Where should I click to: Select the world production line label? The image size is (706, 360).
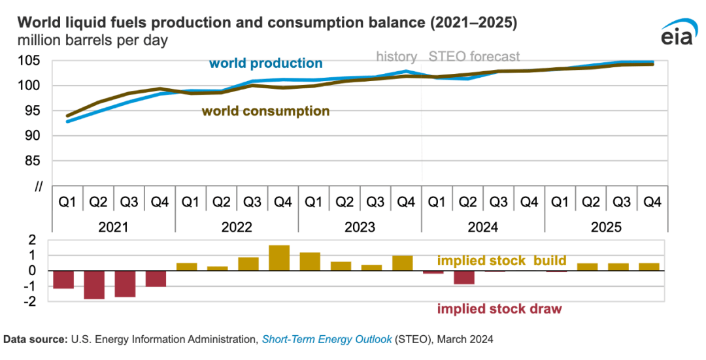tap(265, 63)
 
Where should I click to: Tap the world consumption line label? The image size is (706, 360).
tap(265, 111)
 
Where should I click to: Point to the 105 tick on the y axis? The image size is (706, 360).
tap(33, 61)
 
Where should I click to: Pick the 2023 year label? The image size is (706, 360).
tap(360, 227)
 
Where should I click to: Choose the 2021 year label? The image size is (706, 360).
tap(113, 227)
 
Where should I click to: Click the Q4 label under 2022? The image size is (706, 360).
tap(282, 202)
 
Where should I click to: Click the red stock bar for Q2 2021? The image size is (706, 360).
tap(94, 285)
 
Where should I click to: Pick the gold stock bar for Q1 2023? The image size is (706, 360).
tap(311, 261)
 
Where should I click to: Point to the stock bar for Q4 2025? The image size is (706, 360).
tap(649, 267)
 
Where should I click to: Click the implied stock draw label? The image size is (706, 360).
tap(499, 308)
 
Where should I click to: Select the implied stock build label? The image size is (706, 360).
tap(501, 261)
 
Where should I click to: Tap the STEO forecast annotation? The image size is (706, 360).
tap(474, 56)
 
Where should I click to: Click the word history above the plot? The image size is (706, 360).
tap(397, 56)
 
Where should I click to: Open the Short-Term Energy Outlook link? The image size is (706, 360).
tap(326, 339)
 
